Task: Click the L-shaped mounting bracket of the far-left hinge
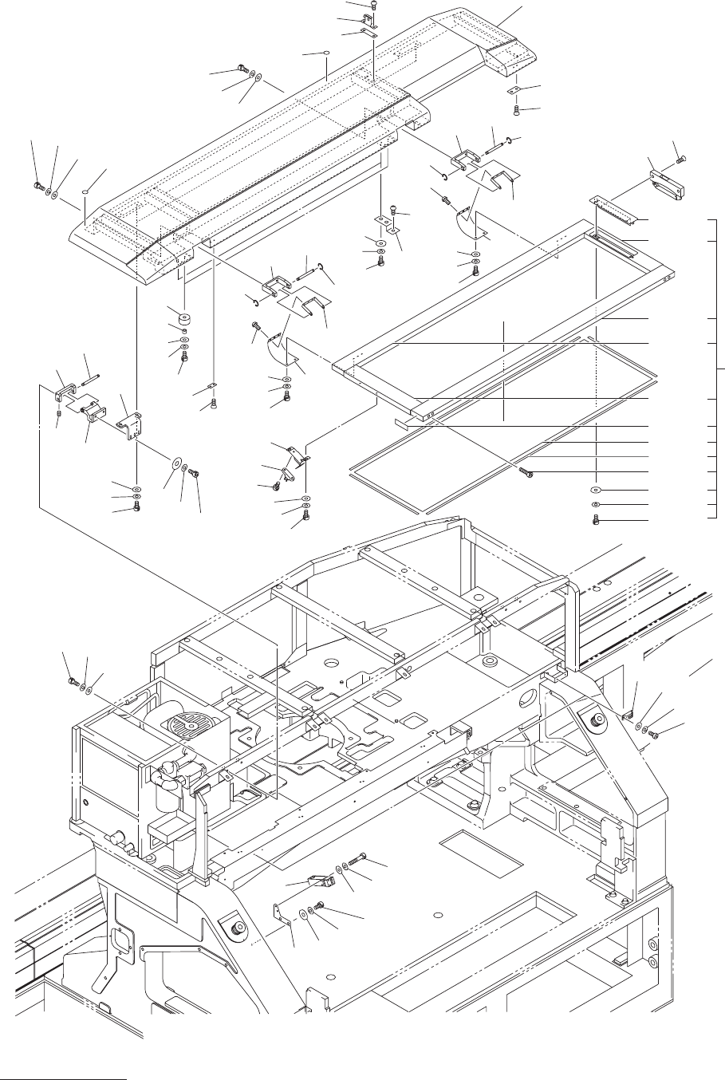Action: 132,424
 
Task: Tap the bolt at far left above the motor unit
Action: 72,680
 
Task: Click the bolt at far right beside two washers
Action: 652,734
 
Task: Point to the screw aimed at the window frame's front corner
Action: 526,473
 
